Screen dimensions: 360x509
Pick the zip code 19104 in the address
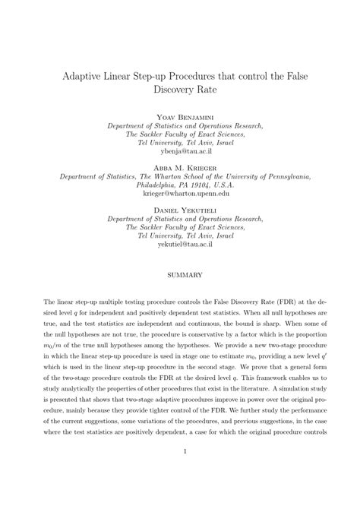(x=196, y=185)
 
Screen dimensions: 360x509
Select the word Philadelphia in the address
(x=154, y=185)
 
